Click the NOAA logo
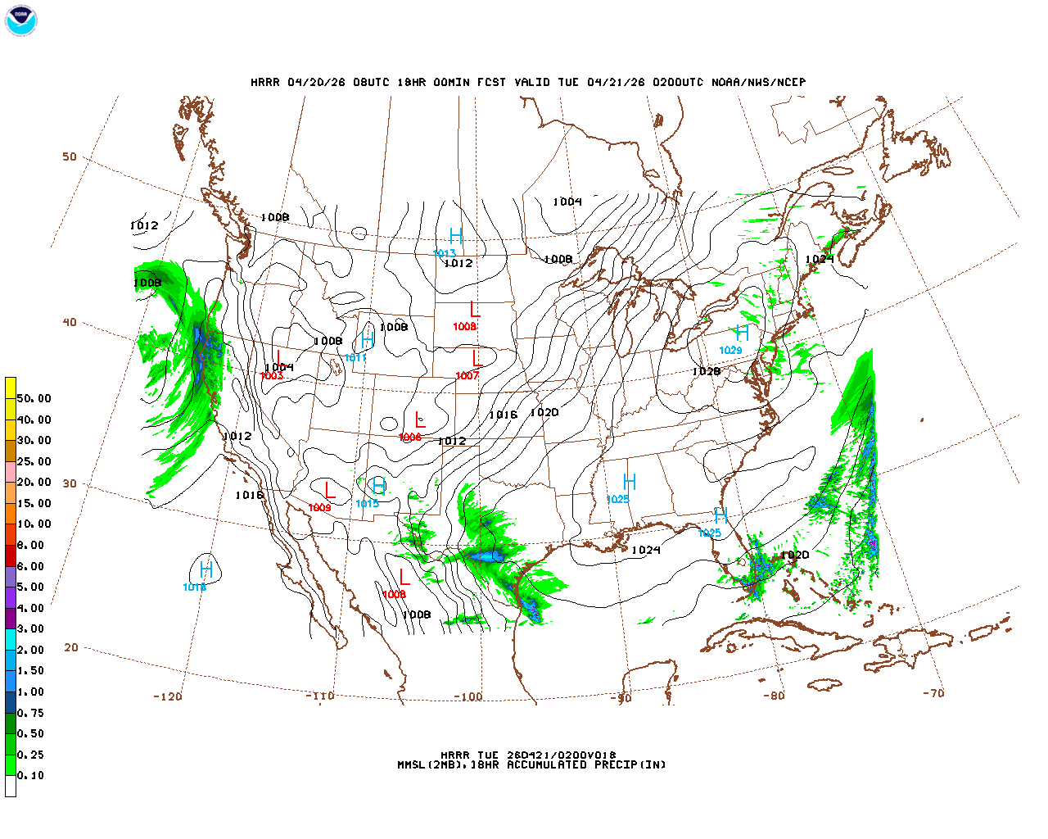20,20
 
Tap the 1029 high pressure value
730,351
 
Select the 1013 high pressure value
445,253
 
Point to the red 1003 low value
272,376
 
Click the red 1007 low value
467,376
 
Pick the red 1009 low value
319,508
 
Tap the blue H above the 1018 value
206,569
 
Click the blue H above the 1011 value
368,339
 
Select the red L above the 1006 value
420,420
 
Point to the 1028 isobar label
706,372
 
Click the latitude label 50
70,157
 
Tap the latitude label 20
71,647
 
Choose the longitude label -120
168,696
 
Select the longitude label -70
933,693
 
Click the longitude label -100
468,697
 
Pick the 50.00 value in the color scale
34,399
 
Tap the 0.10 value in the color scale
31,775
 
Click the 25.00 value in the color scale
34,461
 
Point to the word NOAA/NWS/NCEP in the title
758,83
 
